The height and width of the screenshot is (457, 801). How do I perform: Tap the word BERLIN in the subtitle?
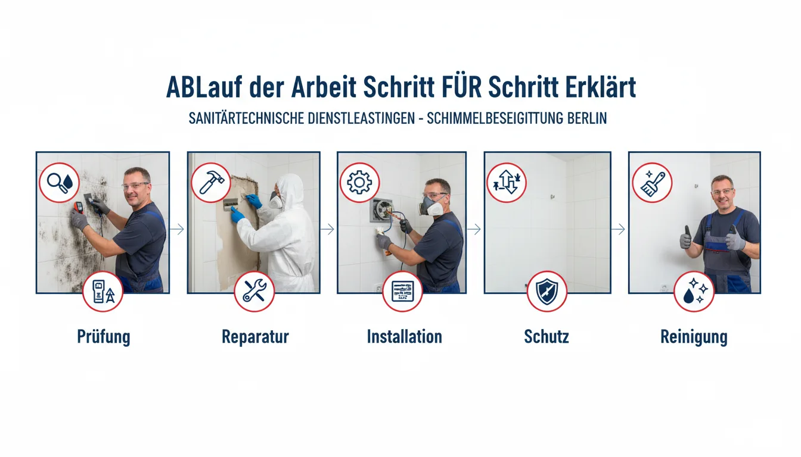pyautogui.click(x=587, y=118)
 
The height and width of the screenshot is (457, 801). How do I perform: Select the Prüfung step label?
pyautogui.click(x=104, y=337)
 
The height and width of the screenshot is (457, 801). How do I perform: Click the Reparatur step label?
pyautogui.click(x=255, y=337)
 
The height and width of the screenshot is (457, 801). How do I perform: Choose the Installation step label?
pyautogui.click(x=405, y=337)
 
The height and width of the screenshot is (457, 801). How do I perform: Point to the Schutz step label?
pyautogui.click(x=547, y=337)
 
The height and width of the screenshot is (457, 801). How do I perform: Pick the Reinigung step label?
pyautogui.click(x=694, y=337)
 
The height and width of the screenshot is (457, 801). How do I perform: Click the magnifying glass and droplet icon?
pyautogui.click(x=59, y=183)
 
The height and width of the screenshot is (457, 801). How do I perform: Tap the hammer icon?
pyautogui.click(x=211, y=183)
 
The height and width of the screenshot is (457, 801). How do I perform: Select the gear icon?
pyautogui.click(x=359, y=183)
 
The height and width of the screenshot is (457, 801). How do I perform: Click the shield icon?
pyautogui.click(x=547, y=292)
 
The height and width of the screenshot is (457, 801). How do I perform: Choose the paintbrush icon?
pyautogui.click(x=652, y=183)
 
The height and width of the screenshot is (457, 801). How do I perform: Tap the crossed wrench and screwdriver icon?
pyautogui.click(x=254, y=292)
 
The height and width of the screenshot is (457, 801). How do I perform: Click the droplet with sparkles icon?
pyautogui.click(x=694, y=292)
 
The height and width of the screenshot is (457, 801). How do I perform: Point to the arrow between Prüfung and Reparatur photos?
pyautogui.click(x=177, y=229)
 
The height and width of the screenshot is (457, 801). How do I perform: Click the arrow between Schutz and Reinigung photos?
pyautogui.click(x=618, y=229)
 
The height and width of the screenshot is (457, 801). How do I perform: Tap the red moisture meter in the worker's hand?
pyautogui.click(x=79, y=207)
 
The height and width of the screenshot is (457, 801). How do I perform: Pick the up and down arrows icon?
pyautogui.click(x=507, y=183)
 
